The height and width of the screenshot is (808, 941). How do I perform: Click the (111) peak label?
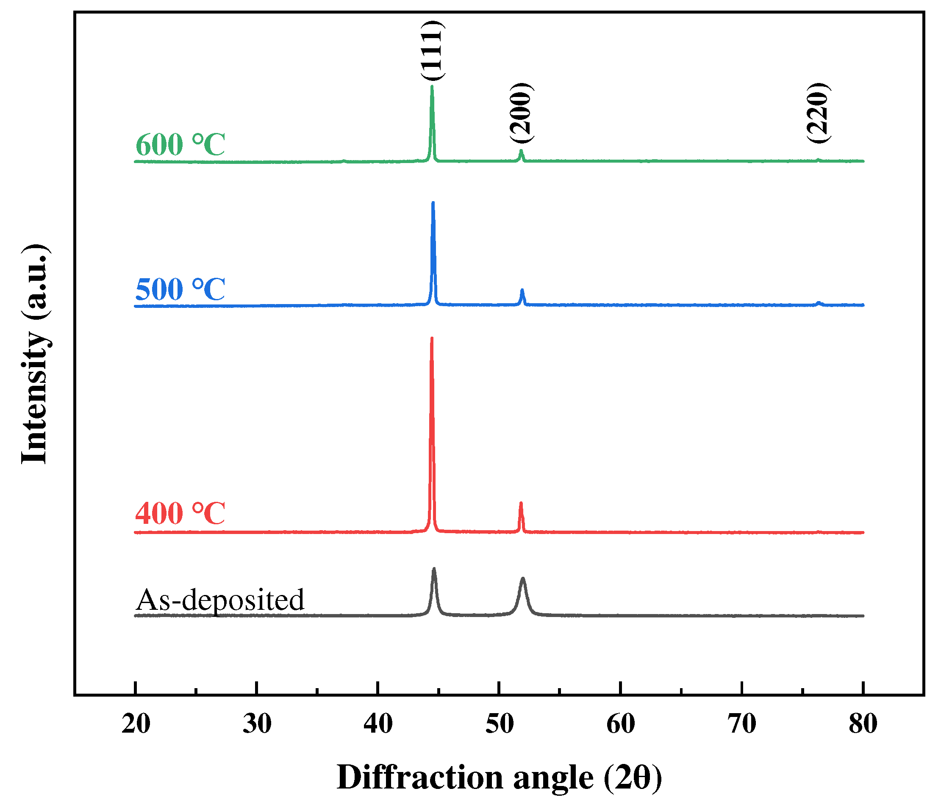pos(431,51)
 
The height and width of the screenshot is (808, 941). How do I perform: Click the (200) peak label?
pos(520,113)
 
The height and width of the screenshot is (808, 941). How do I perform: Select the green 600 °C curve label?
pos(180,145)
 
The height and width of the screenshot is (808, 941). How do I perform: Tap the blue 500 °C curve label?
pos(180,289)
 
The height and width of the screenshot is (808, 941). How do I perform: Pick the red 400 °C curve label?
pos(180,513)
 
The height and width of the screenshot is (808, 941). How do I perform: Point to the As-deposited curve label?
pos(220,600)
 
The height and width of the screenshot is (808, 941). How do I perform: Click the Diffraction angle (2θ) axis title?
pos(500,778)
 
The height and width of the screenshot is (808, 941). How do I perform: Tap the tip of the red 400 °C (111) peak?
pos(431,339)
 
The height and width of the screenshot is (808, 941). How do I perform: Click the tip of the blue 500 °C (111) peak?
pos(433,203)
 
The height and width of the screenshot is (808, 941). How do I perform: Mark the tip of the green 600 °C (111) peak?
pos(432,86)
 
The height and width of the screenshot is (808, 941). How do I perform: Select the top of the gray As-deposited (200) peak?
pos(523,579)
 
